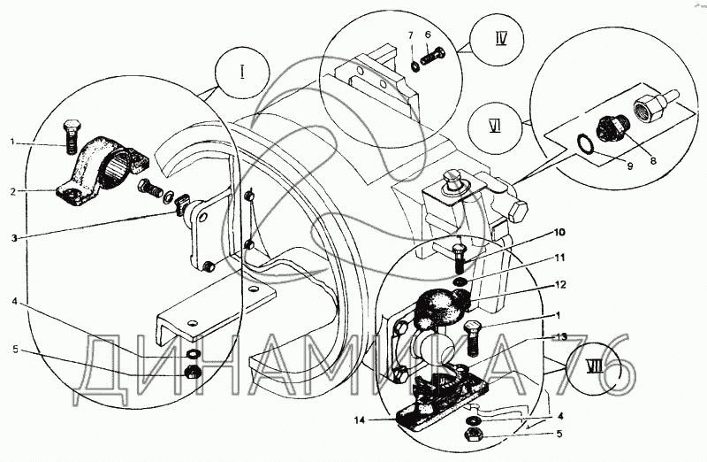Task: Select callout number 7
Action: click(410, 35)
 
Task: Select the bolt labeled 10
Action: click(459, 257)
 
